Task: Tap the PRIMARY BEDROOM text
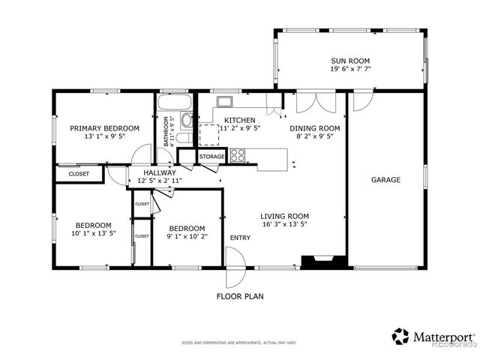pyautogui.click(x=105, y=128)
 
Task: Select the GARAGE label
pyautogui.click(x=385, y=180)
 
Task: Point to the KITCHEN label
pyautogui.click(x=240, y=120)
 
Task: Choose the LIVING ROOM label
pyautogui.click(x=285, y=216)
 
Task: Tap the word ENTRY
pyautogui.click(x=240, y=238)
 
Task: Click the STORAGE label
pyautogui.click(x=211, y=157)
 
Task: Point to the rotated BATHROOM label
pyautogui.click(x=166, y=130)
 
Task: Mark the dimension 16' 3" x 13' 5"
pyautogui.click(x=285, y=224)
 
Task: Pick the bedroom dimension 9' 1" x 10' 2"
pyautogui.click(x=187, y=237)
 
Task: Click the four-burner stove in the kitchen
pyautogui.click(x=238, y=155)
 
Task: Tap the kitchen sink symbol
pyautogui.click(x=224, y=102)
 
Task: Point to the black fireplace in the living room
pyautogui.click(x=323, y=261)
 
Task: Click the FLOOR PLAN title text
pyautogui.click(x=240, y=296)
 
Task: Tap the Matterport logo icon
pyautogui.click(x=401, y=336)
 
